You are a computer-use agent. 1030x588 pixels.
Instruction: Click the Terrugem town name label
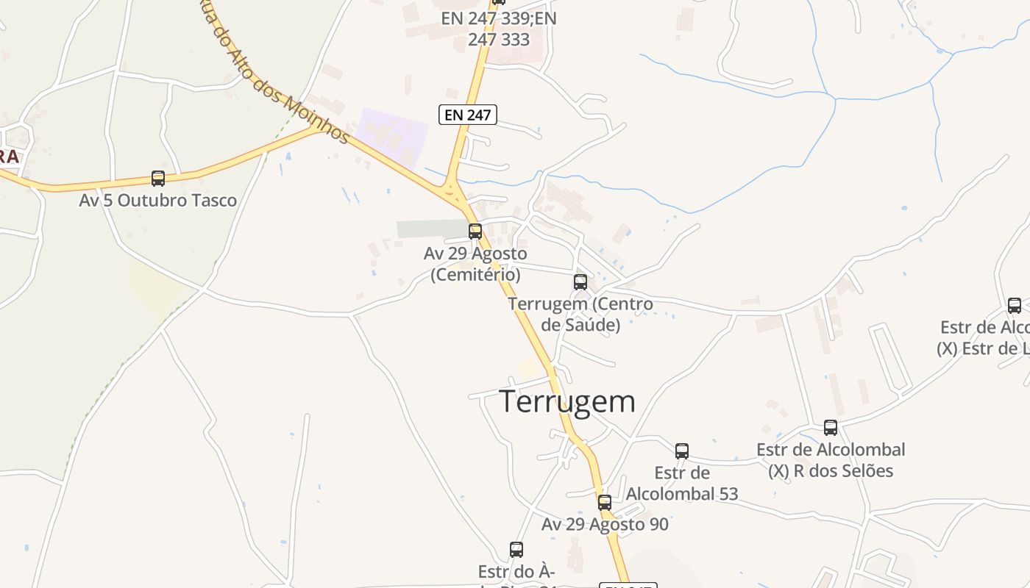point(567,401)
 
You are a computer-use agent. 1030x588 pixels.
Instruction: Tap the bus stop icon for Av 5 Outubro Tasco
point(158,178)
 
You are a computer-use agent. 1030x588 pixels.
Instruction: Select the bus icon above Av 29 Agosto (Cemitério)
point(475,232)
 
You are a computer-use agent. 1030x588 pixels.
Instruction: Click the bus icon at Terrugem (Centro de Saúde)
point(580,282)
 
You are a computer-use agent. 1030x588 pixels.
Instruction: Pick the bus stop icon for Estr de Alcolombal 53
point(682,451)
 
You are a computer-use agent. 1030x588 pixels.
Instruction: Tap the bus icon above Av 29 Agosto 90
point(605,503)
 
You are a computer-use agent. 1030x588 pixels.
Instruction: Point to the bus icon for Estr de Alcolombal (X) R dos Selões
point(831,427)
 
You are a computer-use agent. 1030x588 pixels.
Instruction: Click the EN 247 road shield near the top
point(468,114)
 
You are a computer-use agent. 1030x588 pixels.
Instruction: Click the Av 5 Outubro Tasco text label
point(158,200)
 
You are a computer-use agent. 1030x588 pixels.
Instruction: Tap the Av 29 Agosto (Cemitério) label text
point(475,264)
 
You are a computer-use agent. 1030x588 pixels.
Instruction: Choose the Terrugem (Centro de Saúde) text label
point(580,314)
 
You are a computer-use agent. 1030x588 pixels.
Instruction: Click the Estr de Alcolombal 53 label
point(682,483)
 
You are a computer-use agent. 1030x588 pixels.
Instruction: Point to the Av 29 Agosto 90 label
point(605,524)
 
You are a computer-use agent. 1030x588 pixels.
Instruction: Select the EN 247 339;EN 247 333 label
point(499,29)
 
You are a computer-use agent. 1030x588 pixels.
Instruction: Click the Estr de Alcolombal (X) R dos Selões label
point(831,459)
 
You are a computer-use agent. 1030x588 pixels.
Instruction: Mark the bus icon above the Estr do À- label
point(516,549)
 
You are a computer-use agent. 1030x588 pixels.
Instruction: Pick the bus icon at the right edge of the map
point(1015,305)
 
